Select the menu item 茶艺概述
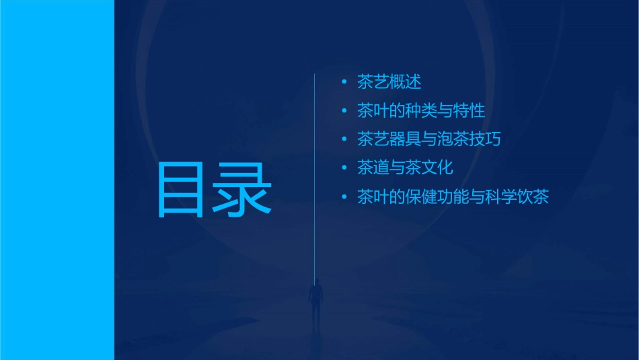[389, 82]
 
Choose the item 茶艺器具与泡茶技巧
[429, 139]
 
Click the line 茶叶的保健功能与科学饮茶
[453, 197]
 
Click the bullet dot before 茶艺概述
[344, 83]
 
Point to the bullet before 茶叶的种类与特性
[344, 111]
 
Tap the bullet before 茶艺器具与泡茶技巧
[344, 140]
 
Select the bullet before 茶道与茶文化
[344, 168]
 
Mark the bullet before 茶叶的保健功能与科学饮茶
[344, 197]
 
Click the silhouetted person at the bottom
[314, 299]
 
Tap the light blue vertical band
[57, 180]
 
